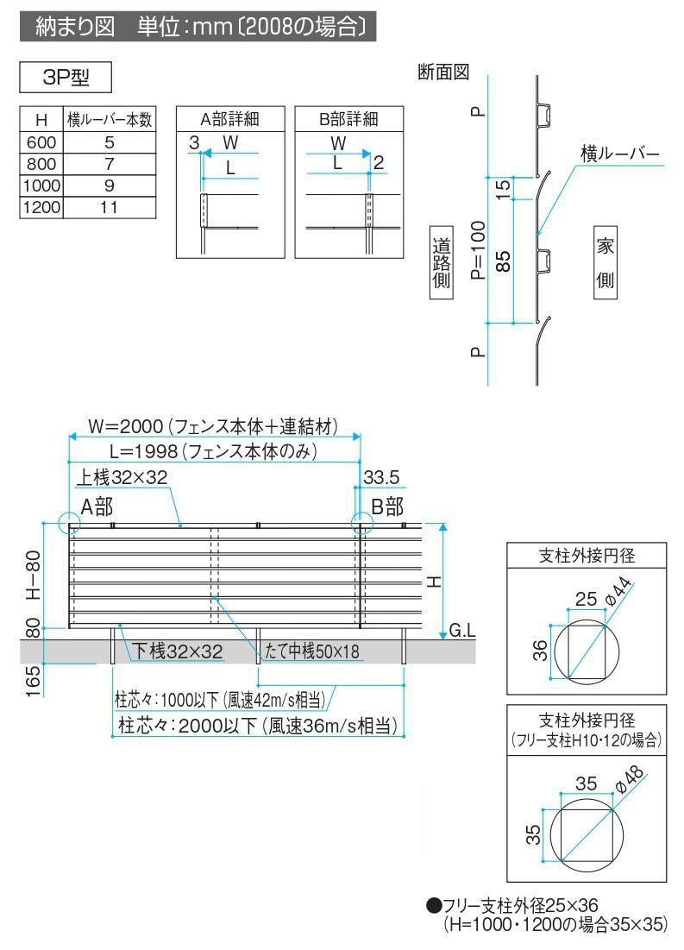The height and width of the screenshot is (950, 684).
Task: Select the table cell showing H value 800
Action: pyautogui.click(x=41, y=164)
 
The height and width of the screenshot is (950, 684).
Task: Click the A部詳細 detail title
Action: pyautogui.click(x=230, y=119)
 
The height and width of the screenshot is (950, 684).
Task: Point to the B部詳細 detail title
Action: pyautogui.click(x=348, y=119)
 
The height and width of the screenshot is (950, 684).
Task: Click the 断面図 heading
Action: pyautogui.click(x=442, y=72)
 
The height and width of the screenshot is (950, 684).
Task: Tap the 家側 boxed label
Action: pyautogui.click(x=605, y=263)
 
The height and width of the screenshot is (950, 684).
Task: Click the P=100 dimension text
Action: pyautogui.click(x=478, y=250)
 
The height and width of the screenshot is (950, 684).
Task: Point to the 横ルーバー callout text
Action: pyautogui.click(x=619, y=154)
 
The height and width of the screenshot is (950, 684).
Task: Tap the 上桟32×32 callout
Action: pyautogui.click(x=123, y=476)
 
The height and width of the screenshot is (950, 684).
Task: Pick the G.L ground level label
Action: pyautogui.click(x=462, y=632)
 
